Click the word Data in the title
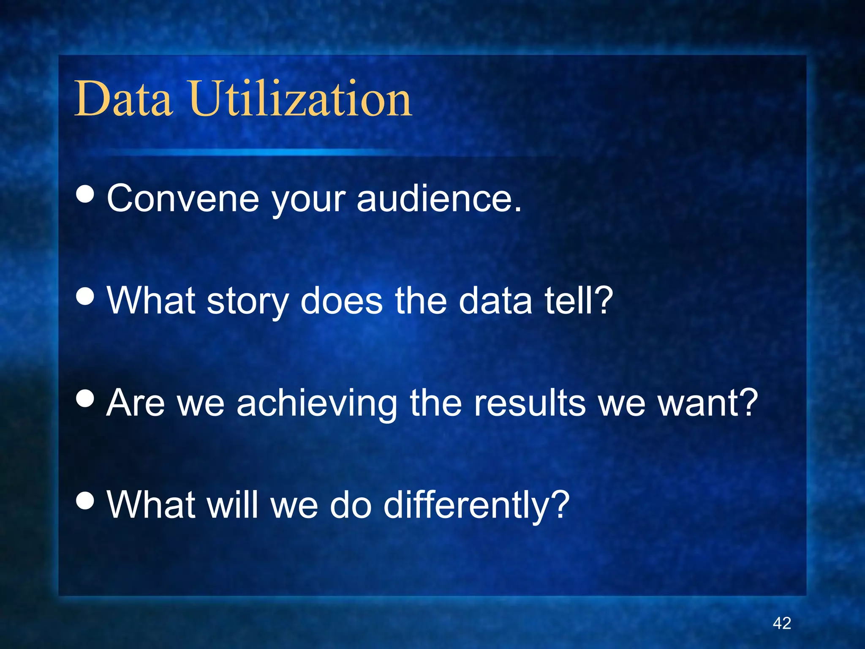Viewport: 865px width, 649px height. pos(123,99)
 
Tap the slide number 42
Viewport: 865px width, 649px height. pos(782,623)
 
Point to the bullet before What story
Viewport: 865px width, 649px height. pos(85,296)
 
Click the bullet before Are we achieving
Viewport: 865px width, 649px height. pos(85,398)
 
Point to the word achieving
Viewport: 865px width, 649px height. pos(317,404)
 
